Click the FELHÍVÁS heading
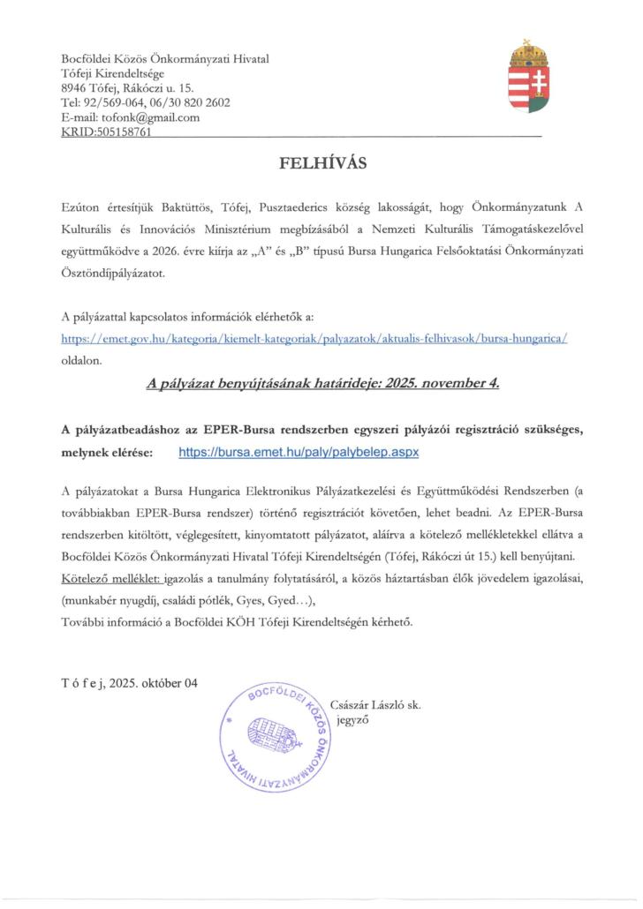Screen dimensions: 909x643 pyautogui.click(x=322, y=162)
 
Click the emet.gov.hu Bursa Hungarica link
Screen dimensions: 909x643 pyautogui.click(x=314, y=338)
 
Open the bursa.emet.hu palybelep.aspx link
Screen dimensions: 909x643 pyautogui.click(x=297, y=451)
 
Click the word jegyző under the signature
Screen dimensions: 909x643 pyautogui.click(x=351, y=719)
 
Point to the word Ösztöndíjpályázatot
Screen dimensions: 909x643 pyautogui.click(x=116, y=274)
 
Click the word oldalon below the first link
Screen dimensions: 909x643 pyautogui.click(x=82, y=360)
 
